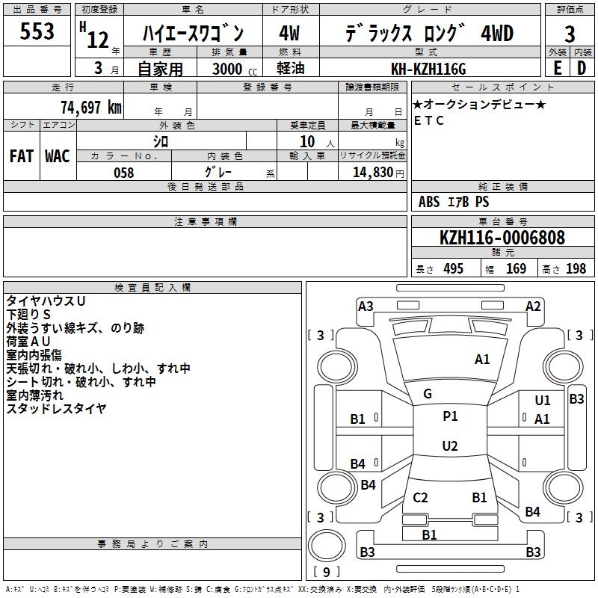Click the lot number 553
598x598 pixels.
(37, 31)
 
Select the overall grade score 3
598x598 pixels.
(570, 34)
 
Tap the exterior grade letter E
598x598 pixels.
(558, 68)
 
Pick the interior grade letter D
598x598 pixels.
(582, 68)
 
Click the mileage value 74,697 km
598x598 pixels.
(91, 108)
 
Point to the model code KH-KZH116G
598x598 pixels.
(428, 69)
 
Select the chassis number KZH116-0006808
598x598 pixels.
(502, 238)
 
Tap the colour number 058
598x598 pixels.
(124, 173)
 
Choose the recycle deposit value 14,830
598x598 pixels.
(373, 173)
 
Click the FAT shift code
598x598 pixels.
(22, 156)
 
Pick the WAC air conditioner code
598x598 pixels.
(58, 156)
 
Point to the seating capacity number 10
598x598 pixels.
(307, 141)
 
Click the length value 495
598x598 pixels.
(454, 268)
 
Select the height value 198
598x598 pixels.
(576, 268)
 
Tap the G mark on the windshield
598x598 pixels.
(428, 394)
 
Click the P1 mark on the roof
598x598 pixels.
(450, 416)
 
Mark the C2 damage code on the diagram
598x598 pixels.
(420, 498)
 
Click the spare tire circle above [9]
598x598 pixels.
(327, 546)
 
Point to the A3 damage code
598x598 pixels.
(366, 306)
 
